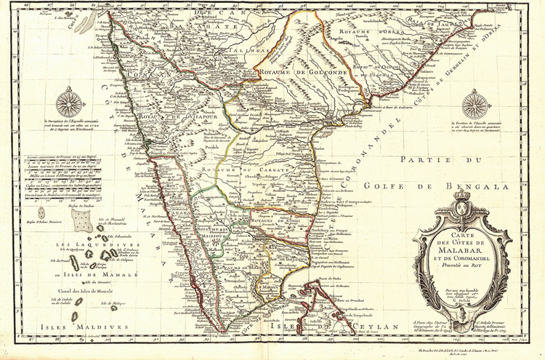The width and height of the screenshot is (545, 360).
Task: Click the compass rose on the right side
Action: click(x=476, y=104)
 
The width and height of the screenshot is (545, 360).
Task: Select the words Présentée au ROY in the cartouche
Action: click(x=462, y=266)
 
